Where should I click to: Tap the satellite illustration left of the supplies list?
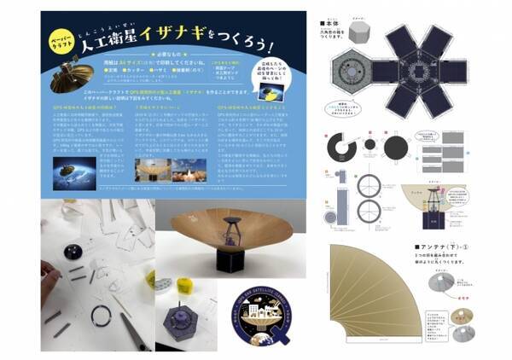(68, 75)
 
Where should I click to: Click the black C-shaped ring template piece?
(340, 146)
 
